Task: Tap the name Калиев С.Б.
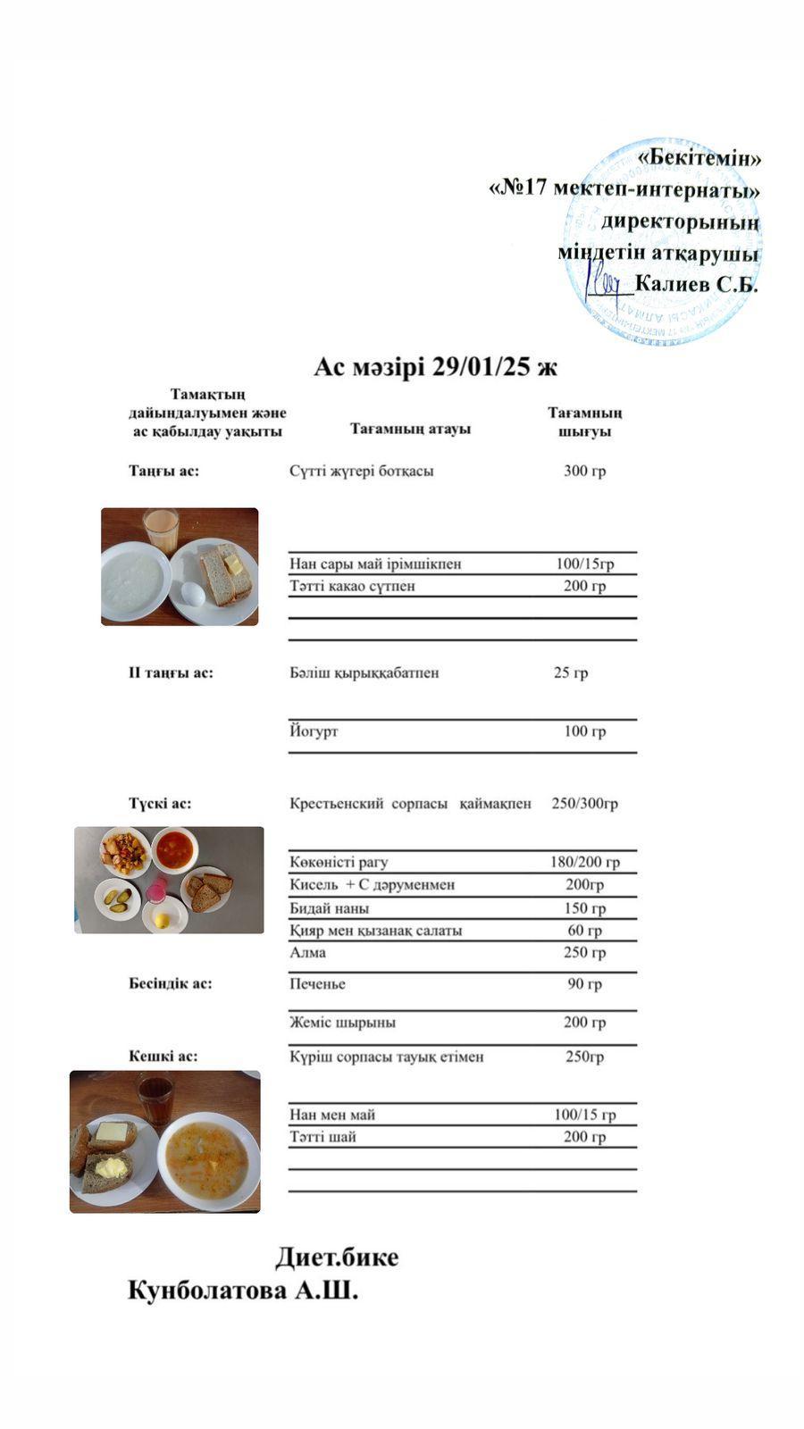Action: click(696, 285)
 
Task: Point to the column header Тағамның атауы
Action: click(410, 429)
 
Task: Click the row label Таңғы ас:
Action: click(163, 471)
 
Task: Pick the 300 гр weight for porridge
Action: click(584, 471)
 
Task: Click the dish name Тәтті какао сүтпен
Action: click(352, 586)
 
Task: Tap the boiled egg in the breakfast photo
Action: click(191, 591)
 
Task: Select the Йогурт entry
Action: click(314, 731)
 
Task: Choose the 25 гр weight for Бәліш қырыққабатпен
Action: click(571, 673)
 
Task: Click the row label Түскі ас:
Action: click(160, 803)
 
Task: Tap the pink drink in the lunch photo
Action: click(157, 890)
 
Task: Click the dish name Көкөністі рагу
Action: click(339, 862)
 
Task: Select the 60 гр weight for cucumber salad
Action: click(584, 930)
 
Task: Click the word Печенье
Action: click(317, 983)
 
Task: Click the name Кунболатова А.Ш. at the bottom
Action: click(243, 1291)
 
